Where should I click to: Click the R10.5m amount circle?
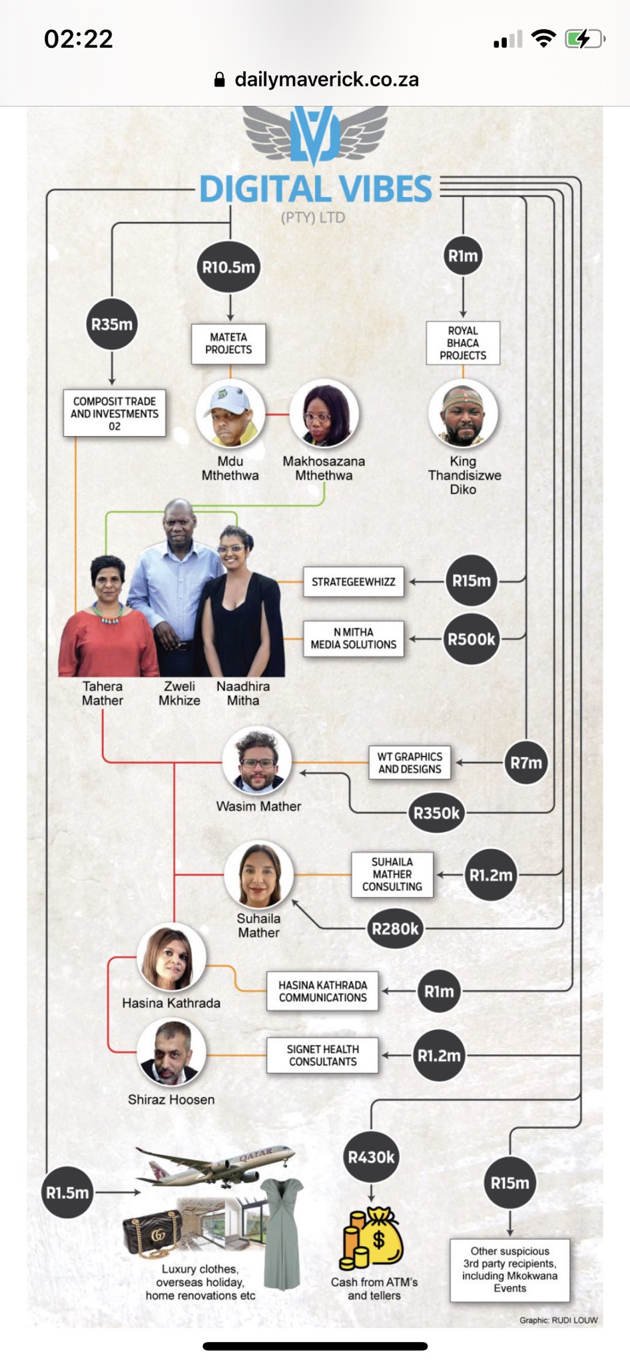(229, 267)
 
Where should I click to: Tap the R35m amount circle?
(112, 324)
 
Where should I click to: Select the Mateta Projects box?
(228, 344)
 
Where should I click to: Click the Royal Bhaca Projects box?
(463, 343)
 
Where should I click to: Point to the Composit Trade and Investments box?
(115, 414)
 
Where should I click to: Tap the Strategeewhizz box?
(354, 581)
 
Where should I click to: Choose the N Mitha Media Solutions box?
(354, 639)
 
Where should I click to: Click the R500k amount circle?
(471, 639)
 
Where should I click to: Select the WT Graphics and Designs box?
(410, 763)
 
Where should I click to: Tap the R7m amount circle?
(526, 763)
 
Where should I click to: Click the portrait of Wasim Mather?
(257, 761)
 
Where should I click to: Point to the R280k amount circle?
(395, 928)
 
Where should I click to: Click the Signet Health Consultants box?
(322, 1056)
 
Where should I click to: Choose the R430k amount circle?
(371, 1158)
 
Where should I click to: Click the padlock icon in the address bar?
(220, 80)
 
